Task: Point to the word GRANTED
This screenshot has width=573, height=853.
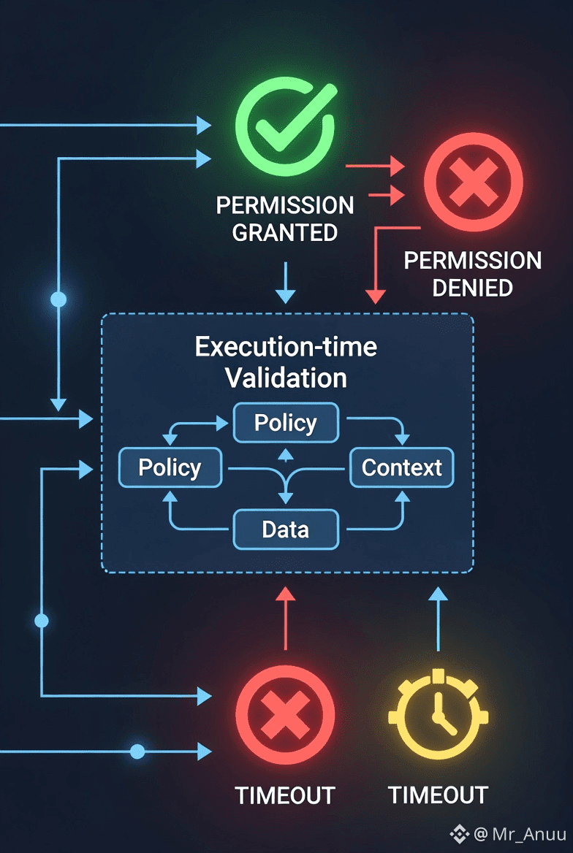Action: (284, 233)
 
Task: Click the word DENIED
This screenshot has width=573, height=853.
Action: (472, 288)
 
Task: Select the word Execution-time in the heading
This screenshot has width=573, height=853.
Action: (286, 346)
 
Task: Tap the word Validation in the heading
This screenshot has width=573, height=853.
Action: (286, 378)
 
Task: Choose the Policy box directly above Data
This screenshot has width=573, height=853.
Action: (286, 423)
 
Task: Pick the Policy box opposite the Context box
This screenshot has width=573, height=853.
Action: (170, 467)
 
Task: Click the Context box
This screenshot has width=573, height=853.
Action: (402, 467)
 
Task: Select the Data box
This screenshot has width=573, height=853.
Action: (286, 529)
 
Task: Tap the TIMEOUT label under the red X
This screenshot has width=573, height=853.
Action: (285, 795)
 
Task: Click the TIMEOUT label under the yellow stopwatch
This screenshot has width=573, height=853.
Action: (438, 795)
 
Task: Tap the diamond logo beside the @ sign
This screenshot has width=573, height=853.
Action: (460, 834)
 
